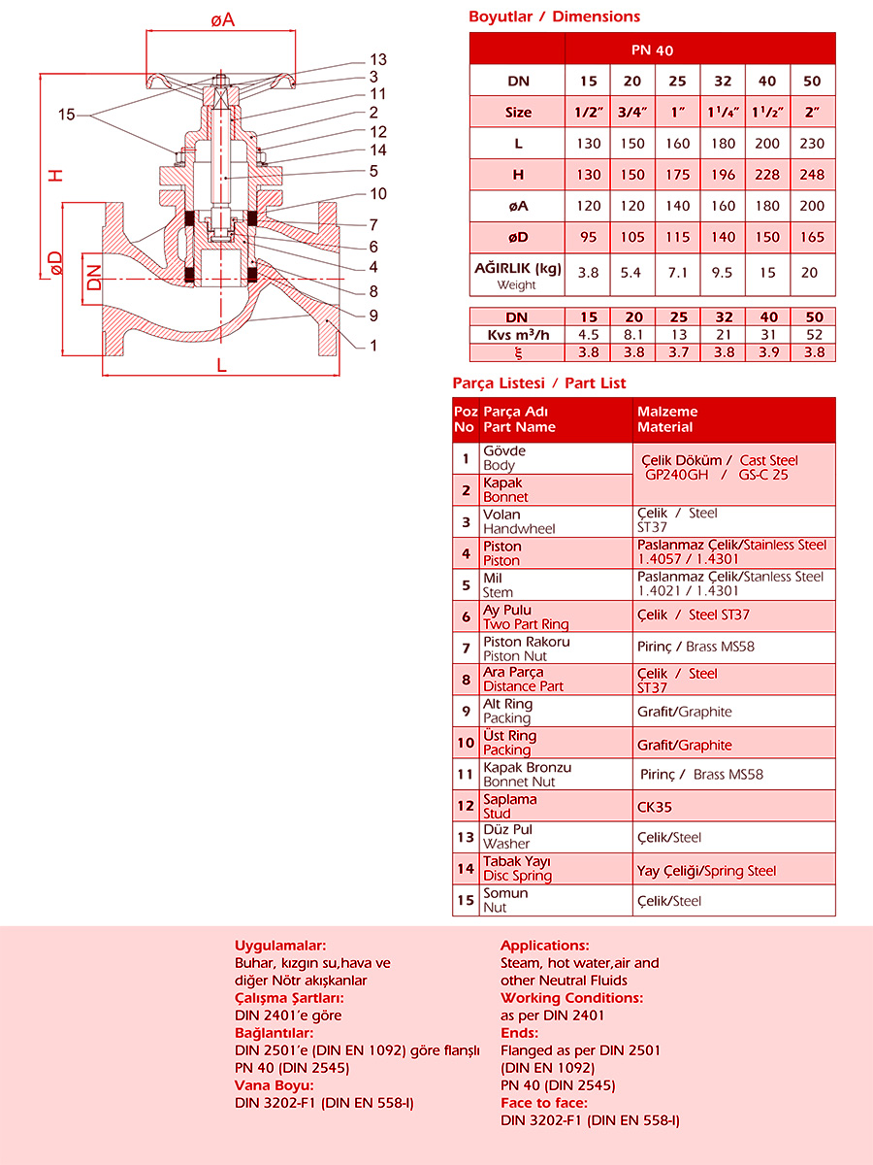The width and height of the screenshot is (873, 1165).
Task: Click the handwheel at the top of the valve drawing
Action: (x=219, y=81)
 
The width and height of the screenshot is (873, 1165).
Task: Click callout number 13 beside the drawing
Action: (x=378, y=60)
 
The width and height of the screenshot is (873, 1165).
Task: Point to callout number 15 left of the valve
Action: (x=66, y=115)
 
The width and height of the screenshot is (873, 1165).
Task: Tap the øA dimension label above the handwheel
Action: (x=222, y=19)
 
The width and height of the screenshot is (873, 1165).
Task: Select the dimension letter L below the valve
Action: (x=221, y=365)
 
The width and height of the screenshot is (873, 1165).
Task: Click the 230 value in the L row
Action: (x=812, y=144)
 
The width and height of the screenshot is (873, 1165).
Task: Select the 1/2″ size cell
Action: (x=587, y=113)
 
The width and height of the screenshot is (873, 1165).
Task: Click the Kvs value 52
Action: (x=814, y=335)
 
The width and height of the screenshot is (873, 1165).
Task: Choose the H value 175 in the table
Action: (x=678, y=175)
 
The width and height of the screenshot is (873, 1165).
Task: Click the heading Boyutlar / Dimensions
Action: (x=554, y=17)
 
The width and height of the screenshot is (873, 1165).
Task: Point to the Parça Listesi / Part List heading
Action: (x=539, y=383)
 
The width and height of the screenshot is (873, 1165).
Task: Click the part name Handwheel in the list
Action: (x=519, y=529)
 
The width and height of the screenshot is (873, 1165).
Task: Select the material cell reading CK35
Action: (x=655, y=807)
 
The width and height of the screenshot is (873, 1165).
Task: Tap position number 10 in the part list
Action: (x=466, y=744)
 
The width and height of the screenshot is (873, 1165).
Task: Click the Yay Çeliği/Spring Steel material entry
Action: (x=706, y=871)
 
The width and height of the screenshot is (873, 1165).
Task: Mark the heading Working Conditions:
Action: (x=571, y=998)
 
